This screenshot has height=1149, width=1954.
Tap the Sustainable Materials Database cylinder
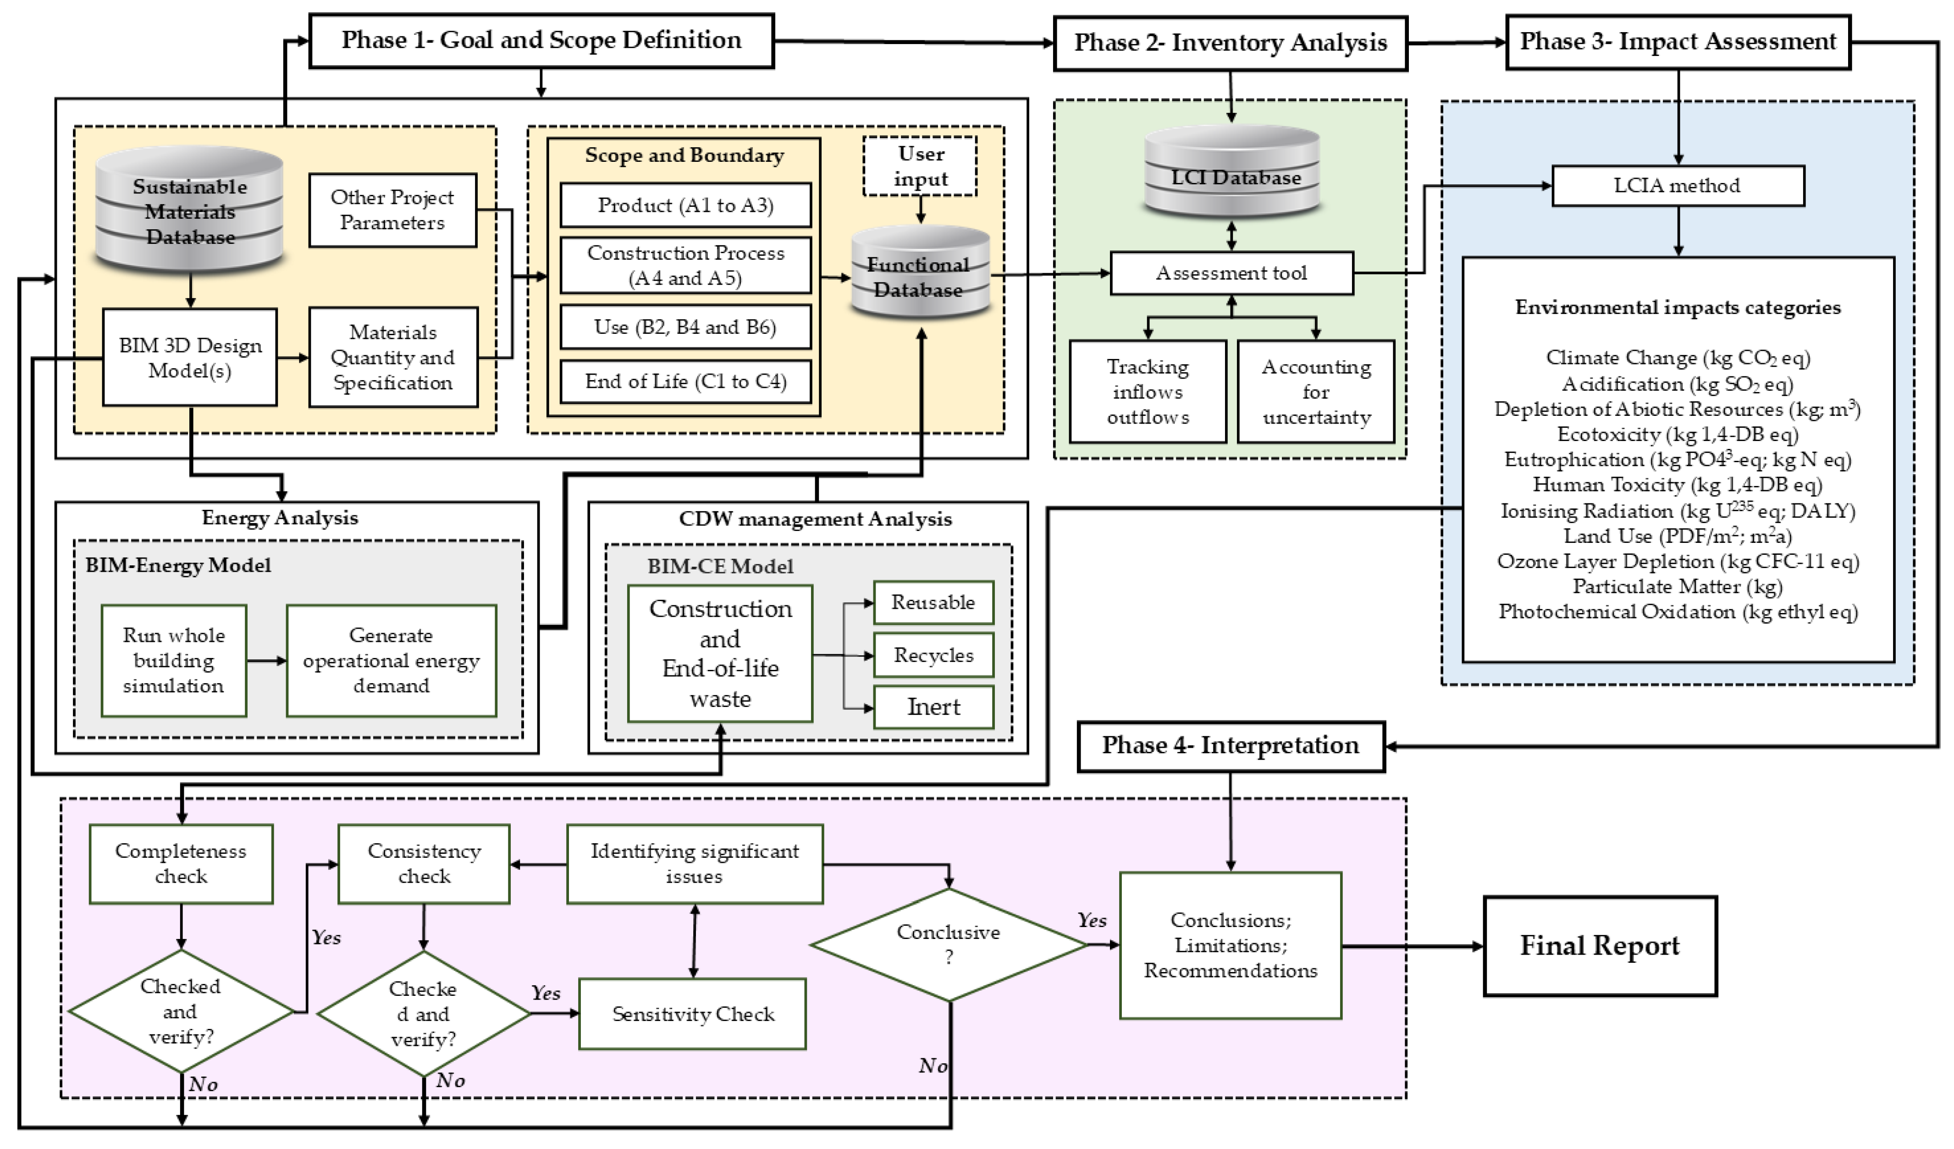click(x=189, y=211)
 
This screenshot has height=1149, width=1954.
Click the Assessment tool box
click(x=1231, y=273)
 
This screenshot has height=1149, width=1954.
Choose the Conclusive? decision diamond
click(x=948, y=945)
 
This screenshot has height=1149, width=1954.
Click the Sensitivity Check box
click(x=692, y=1014)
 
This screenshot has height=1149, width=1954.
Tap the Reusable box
click(x=933, y=602)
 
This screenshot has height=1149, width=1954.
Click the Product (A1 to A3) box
click(x=685, y=205)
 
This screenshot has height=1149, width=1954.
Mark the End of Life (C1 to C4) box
click(x=685, y=381)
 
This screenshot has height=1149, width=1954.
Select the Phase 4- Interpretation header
click(x=1231, y=746)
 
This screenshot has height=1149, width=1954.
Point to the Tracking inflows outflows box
click(x=1148, y=392)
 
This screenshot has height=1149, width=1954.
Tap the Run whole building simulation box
click(x=174, y=661)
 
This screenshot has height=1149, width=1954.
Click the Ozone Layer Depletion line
click(x=1677, y=561)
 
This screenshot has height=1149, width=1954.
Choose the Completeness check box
click(x=181, y=864)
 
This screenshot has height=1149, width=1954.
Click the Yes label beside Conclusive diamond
click(x=1092, y=920)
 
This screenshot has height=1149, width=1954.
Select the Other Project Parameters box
click(x=392, y=210)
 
